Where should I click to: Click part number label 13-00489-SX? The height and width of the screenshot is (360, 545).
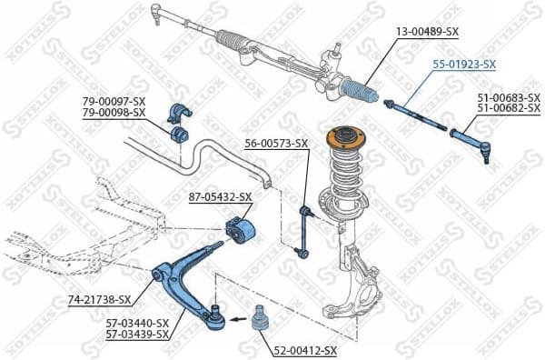(x=427, y=31)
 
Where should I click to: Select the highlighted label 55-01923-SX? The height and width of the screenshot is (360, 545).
(x=463, y=65)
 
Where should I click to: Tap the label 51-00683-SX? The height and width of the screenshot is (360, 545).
(x=509, y=96)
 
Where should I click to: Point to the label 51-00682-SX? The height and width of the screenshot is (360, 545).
(x=509, y=108)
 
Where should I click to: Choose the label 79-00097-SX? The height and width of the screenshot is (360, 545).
(x=114, y=101)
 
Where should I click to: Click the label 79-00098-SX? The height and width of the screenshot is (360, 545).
(x=114, y=113)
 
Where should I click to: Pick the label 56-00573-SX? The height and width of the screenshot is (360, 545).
(x=277, y=143)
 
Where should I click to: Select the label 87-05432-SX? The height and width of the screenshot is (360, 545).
(x=220, y=196)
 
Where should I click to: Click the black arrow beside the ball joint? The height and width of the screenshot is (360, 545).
(x=233, y=319)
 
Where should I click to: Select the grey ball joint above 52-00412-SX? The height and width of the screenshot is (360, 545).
(x=258, y=321)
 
